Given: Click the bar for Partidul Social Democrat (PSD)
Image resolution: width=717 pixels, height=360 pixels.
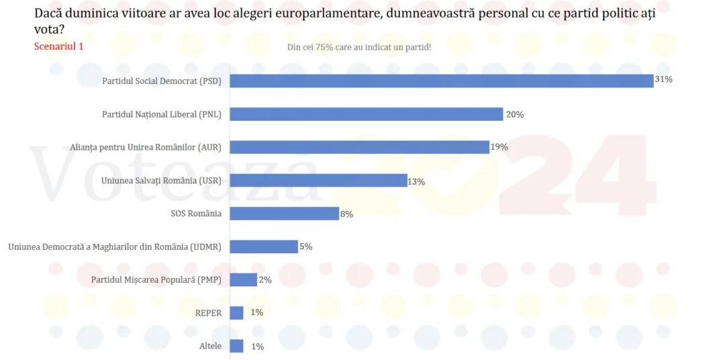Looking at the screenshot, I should coord(441,81).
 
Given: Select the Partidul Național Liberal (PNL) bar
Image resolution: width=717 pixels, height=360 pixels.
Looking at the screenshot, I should coord(366,114).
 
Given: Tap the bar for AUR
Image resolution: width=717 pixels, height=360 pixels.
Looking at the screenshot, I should coord(359,147).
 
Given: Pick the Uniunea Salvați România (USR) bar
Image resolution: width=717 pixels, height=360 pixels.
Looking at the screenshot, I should coord(318,180).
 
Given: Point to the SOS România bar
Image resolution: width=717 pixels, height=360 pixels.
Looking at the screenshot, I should coord(284,214).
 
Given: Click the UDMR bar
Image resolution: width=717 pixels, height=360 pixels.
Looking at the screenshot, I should coord(263,246).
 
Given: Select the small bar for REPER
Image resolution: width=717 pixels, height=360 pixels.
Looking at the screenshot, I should coord(236,313).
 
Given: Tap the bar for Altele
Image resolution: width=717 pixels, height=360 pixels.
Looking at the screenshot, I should coord(236,346).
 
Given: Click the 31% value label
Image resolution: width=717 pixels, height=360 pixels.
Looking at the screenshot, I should coord(664,79).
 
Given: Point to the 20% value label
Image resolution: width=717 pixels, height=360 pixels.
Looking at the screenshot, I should coord(515,115).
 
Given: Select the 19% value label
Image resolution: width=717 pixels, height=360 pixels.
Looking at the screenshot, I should coord(499,147).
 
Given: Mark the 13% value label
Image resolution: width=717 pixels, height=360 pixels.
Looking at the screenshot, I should coord(417,181).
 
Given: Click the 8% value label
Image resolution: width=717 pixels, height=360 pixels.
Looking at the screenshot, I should coord(346,214).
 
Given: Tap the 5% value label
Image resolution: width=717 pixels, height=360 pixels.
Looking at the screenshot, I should coord(306,246).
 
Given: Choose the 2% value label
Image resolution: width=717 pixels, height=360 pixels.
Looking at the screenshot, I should coord(265,280).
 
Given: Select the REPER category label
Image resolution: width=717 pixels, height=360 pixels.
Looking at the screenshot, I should coord(208,313).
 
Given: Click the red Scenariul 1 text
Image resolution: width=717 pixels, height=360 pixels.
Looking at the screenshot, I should coord(58,46).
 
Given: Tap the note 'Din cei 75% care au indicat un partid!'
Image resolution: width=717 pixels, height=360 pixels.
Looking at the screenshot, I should coord(358,47).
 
